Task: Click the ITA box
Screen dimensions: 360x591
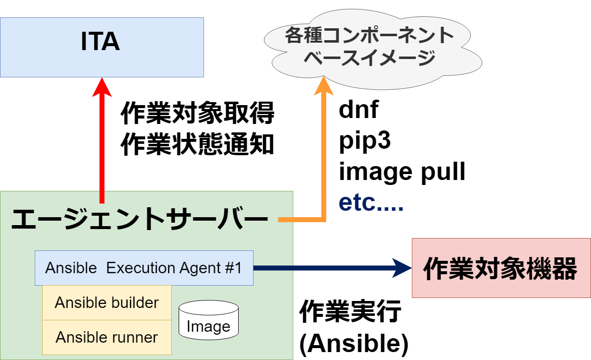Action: click(102, 47)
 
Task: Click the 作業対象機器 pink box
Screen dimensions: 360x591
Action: click(501, 268)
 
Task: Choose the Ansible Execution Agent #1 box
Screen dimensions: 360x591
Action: click(144, 268)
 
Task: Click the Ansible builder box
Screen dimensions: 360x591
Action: click(107, 302)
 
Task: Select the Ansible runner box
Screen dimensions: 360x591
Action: click(107, 337)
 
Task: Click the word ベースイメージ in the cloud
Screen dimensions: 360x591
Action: click(369, 58)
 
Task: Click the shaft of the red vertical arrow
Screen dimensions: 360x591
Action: click(102, 149)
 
